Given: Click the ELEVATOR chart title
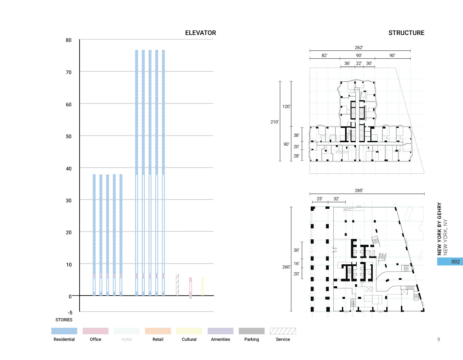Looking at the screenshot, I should click(200, 33).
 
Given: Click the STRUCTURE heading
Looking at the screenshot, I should click(406, 33).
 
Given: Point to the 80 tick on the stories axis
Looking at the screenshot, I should click(69, 40).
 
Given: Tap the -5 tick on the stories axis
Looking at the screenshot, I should click(70, 312).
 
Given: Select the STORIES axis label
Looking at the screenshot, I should click(64, 320).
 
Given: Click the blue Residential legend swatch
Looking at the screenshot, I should click(64, 331).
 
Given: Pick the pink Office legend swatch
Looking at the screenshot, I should click(95, 331).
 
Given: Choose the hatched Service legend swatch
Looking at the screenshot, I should click(283, 331).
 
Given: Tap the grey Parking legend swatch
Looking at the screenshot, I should click(251, 331).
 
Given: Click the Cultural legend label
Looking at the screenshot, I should click(189, 339).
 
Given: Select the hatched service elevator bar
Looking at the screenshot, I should click(177, 285).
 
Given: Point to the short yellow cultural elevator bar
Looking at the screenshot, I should click(202, 286).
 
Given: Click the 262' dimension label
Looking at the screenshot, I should click(359, 48).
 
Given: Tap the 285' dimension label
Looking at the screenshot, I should click(359, 191).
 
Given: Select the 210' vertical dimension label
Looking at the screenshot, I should click(274, 122).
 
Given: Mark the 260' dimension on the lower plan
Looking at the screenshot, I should click(286, 267).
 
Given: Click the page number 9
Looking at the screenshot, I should click(438, 339).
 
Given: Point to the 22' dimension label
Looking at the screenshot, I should click(359, 63).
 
